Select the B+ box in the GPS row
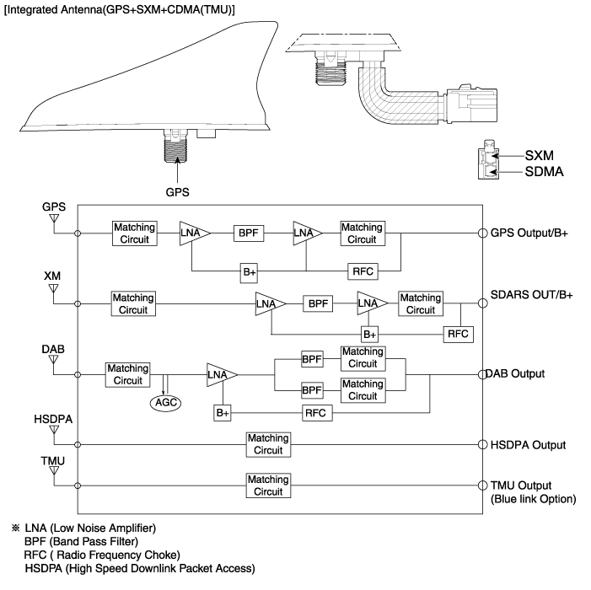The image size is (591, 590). (250, 271)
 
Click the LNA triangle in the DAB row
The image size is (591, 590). (221, 374)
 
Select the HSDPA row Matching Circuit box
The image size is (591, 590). (268, 444)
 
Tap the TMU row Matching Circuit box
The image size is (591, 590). (268, 485)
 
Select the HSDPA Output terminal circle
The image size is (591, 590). (483, 444)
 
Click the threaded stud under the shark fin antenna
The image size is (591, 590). (176, 154)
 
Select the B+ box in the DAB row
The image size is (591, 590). (223, 413)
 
